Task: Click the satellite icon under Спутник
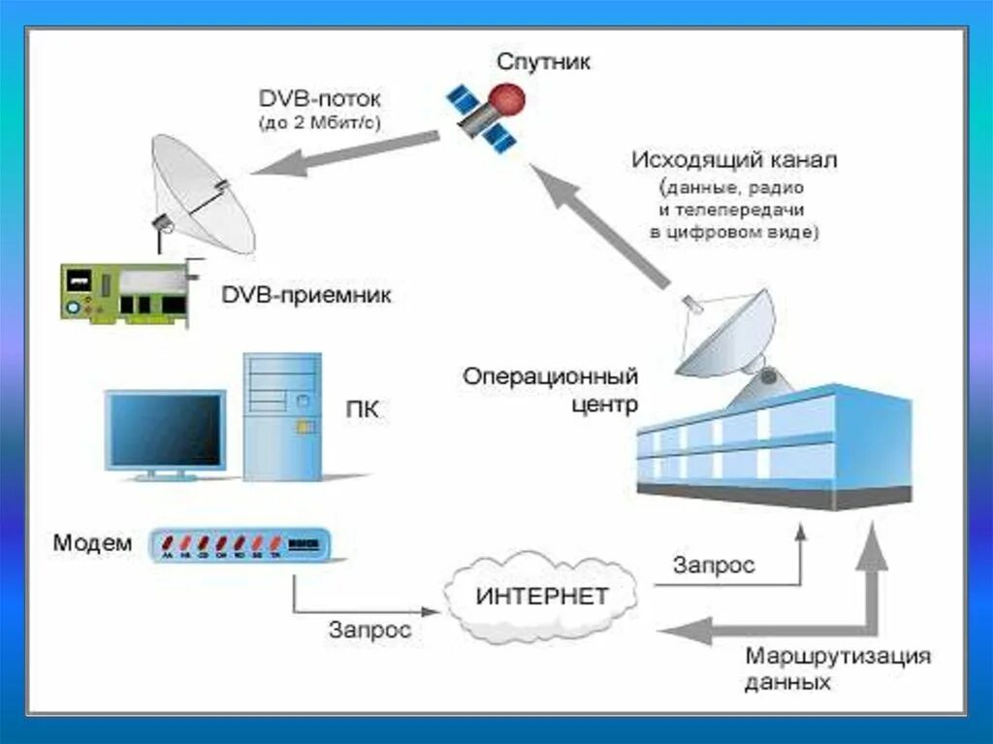tap(486, 114)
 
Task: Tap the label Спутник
tap(544, 63)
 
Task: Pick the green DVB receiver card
tap(127, 290)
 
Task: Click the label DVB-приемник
tap(306, 295)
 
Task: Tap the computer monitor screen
tap(164, 430)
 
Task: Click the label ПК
tap(362, 410)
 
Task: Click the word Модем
tap(92, 543)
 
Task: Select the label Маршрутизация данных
tap(837, 668)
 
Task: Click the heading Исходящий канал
tap(734, 159)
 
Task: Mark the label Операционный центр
tap(550, 388)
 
